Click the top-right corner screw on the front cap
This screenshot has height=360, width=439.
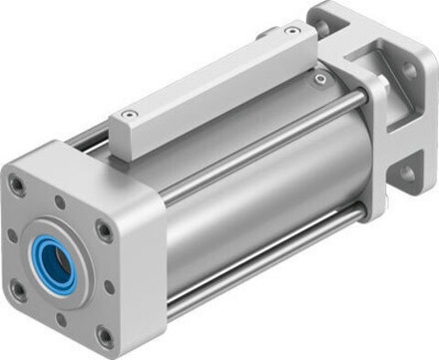104,231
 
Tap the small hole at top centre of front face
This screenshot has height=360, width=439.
61,203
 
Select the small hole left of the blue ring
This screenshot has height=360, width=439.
13,236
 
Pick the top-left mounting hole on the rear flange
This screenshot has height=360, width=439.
326,17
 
